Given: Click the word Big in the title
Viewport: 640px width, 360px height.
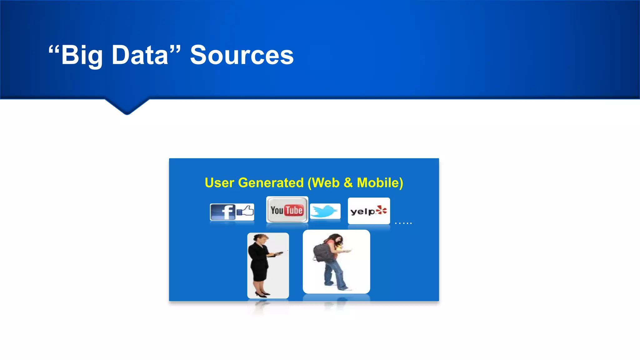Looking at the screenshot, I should (x=82, y=56).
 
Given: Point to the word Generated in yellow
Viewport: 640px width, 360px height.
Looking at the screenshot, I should (x=271, y=183).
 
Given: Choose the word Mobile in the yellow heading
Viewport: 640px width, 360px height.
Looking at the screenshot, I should (x=380, y=183).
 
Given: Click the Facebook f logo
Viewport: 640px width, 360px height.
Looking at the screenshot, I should (x=228, y=212).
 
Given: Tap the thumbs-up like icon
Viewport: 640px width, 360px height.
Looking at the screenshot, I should (x=246, y=211).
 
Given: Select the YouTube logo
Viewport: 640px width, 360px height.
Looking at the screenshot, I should (x=287, y=210).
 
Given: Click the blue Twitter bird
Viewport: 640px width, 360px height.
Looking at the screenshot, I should (x=325, y=211).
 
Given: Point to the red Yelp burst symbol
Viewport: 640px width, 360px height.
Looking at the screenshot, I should (x=382, y=210).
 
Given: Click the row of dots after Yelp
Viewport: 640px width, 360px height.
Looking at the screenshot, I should (x=403, y=223).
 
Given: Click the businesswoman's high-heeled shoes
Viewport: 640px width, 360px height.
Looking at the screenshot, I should (x=262, y=294).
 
